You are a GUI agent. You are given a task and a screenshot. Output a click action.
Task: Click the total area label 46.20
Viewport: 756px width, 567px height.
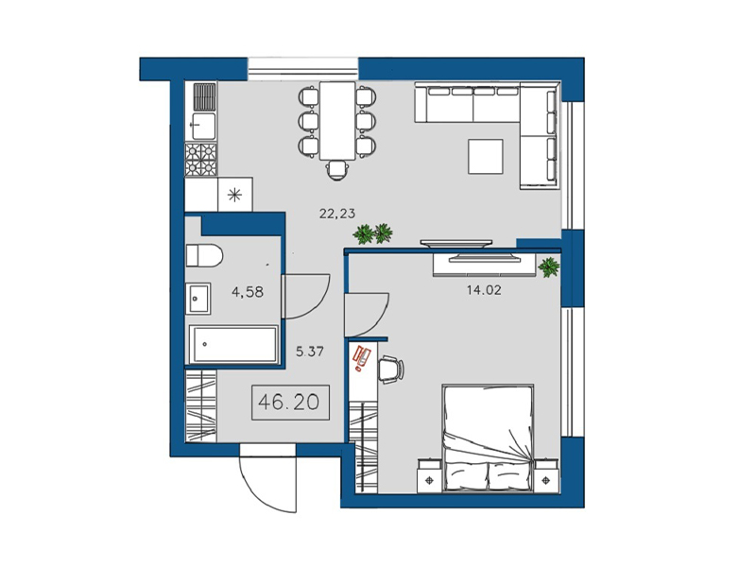coord(289,402)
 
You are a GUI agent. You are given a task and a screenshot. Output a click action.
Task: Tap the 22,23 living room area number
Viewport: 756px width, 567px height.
coord(337,214)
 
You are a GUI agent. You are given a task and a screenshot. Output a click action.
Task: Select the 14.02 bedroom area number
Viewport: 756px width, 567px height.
coord(484,290)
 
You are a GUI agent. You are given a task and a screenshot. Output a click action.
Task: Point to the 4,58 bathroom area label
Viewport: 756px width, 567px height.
coord(248,292)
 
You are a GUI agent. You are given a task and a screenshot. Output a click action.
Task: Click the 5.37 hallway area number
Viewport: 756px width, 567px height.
coord(310,352)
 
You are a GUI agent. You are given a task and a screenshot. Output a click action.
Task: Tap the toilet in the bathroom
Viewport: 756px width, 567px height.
coord(204,255)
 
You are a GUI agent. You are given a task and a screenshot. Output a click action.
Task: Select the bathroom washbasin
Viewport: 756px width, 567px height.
coord(198,299)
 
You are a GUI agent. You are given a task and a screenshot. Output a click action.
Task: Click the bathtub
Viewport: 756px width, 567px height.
coord(233,344)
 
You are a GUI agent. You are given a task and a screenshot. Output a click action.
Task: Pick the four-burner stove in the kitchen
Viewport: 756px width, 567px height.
coord(200,160)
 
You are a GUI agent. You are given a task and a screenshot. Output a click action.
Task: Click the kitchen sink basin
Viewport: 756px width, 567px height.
coord(202,127)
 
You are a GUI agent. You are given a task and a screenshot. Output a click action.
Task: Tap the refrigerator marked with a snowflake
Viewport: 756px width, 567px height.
coord(234,195)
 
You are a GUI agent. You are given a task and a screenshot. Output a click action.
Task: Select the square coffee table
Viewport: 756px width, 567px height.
coord(486,156)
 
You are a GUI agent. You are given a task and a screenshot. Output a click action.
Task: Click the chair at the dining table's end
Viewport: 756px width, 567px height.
coord(336,170)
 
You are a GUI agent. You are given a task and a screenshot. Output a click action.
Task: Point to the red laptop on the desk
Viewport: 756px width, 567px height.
coord(361,357)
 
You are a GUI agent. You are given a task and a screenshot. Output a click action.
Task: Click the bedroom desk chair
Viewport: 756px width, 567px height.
coord(391,369)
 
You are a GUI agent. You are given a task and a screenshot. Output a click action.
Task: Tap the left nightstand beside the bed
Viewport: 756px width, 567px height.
coord(430,476)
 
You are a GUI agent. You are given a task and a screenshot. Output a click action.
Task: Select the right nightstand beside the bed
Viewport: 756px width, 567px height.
coord(546,476)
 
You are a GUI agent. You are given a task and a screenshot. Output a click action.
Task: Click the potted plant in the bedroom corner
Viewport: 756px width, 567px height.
coord(549,267)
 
